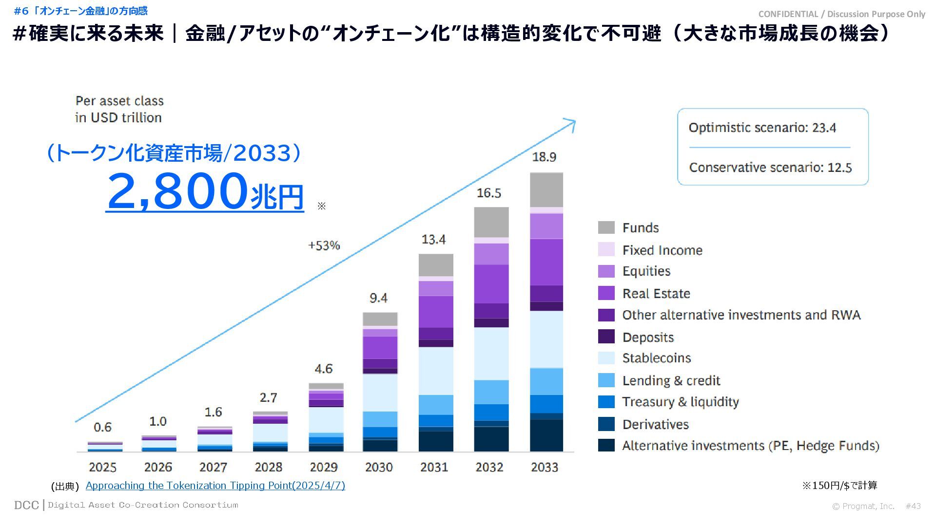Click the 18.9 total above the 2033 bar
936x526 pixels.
tap(544, 157)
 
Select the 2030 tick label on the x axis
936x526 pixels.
tap(379, 467)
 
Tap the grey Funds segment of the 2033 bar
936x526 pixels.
tap(546, 190)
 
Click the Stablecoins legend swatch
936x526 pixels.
tap(606, 358)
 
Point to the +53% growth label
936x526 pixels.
tap(324, 245)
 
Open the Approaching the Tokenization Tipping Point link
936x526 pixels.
tap(215, 486)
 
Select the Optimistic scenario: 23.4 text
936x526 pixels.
tap(762, 128)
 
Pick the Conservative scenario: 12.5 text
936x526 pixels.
tap(770, 168)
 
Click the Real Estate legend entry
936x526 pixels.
tap(656, 294)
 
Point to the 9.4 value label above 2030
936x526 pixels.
tap(378, 298)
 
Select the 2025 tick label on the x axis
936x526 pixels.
tap(102, 467)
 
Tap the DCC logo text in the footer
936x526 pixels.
tap(26, 505)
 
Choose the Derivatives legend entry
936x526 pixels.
tap(655, 425)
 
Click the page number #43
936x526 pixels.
tap(913, 506)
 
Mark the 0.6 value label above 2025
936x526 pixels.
tap(102, 427)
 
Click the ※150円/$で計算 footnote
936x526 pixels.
tap(839, 485)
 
